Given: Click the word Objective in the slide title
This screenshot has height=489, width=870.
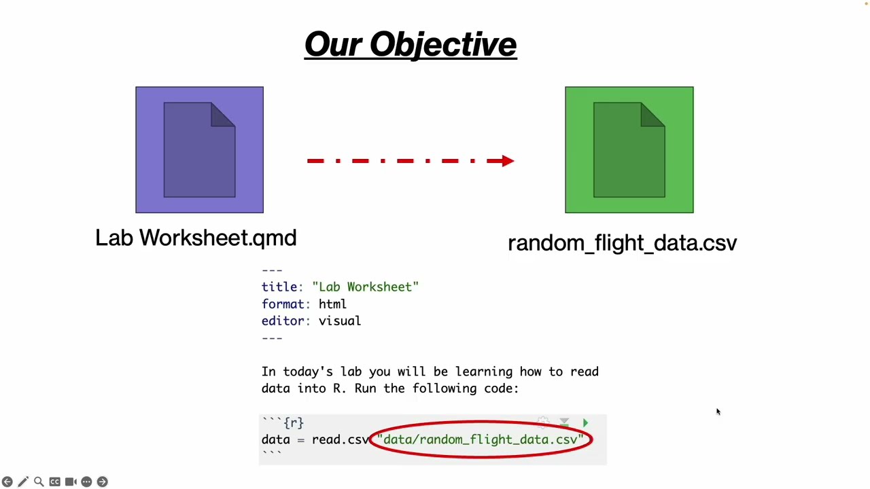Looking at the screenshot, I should [442, 45].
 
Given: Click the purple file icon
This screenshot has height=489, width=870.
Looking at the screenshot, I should [199, 149].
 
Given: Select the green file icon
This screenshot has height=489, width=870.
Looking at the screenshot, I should [629, 149].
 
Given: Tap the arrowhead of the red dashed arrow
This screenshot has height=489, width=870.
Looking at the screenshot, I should [508, 161].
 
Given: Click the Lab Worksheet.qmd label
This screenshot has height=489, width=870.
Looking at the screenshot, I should [196, 238].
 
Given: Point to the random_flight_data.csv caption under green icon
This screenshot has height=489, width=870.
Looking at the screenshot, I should [622, 243].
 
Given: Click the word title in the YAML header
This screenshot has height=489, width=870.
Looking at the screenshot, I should [279, 287].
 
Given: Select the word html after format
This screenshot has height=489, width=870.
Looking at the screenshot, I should [332, 304].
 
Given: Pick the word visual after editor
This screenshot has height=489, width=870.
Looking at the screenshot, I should [339, 321].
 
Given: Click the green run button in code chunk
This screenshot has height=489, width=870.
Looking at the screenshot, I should [585, 423].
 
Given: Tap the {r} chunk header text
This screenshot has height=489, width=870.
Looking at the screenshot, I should [293, 423].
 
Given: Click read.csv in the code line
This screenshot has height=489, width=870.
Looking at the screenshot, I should [340, 440].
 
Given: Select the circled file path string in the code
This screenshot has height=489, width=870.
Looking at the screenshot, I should [481, 440].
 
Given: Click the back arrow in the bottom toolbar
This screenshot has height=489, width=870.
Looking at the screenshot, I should [7, 482].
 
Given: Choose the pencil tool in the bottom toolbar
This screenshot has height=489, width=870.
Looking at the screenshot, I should [23, 482].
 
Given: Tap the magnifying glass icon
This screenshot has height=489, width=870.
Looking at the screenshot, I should [39, 482].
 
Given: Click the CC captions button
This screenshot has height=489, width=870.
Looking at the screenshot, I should [54, 482].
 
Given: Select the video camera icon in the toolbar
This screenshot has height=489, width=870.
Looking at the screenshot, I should [71, 482].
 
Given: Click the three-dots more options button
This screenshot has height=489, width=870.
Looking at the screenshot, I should [86, 482].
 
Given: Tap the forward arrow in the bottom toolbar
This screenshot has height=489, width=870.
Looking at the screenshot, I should [102, 482].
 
